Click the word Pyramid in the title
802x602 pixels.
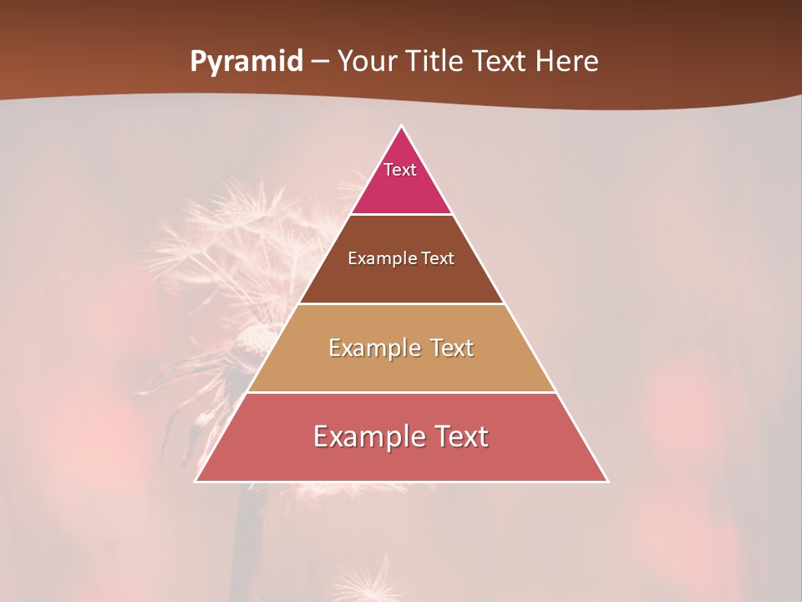[246, 62]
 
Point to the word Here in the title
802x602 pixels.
[566, 61]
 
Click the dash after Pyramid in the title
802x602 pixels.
[320, 62]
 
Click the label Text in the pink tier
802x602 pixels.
[400, 170]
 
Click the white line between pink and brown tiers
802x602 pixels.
[401, 215]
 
